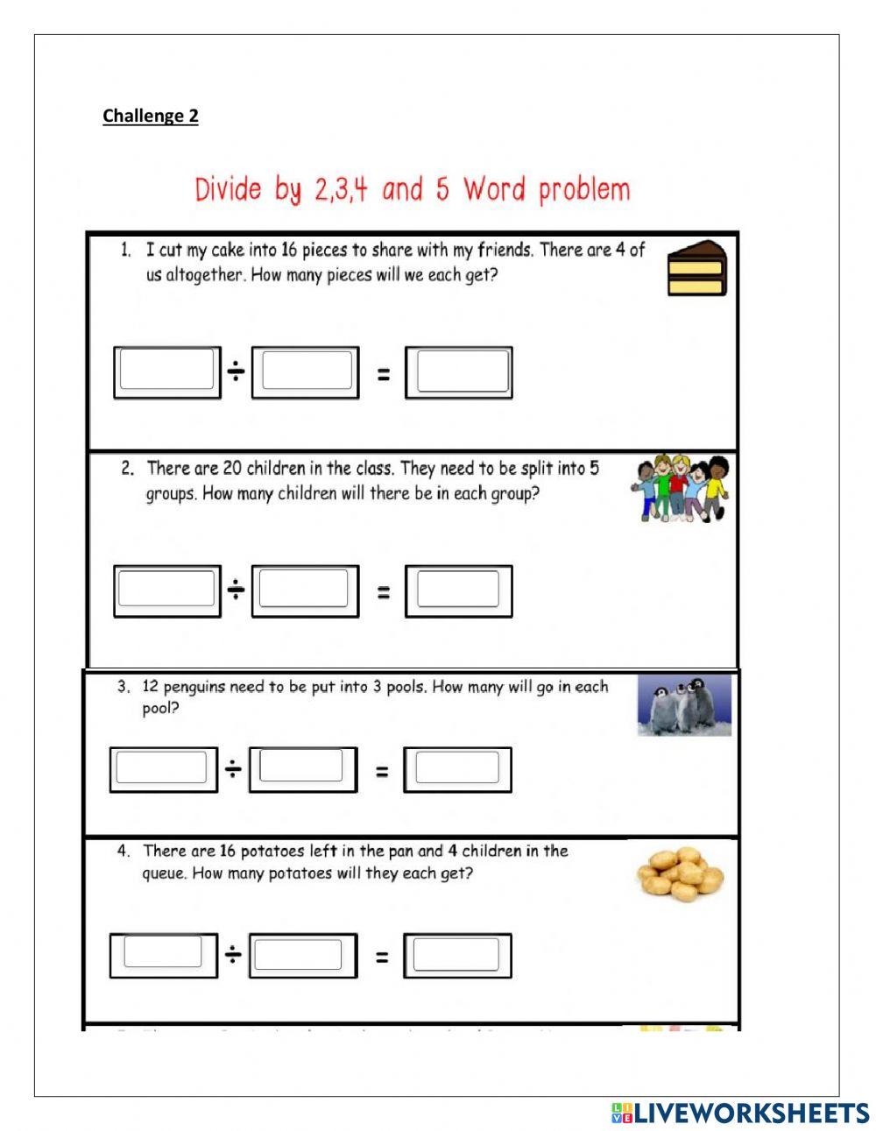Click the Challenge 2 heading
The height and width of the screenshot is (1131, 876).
tap(150, 116)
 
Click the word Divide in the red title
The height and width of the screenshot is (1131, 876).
tap(228, 189)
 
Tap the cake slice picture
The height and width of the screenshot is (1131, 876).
tap(697, 268)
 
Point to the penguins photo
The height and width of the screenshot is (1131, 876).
tap(684, 705)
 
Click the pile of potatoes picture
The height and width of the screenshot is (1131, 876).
tap(680, 873)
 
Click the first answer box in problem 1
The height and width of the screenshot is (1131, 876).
tap(166, 371)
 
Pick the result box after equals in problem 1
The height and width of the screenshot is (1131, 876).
tap(459, 371)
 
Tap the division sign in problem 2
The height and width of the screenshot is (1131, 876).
tap(236, 590)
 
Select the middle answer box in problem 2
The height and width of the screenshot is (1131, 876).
tap(305, 590)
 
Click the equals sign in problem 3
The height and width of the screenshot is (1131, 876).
tap(382, 771)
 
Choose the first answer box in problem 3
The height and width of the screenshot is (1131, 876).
tap(163, 769)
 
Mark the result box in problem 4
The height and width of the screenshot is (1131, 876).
tap(457, 955)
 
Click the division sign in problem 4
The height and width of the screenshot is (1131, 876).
tap(233, 955)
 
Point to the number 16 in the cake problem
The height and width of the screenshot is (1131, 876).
tap(289, 251)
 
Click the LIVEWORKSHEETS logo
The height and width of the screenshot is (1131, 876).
tap(740, 1113)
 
